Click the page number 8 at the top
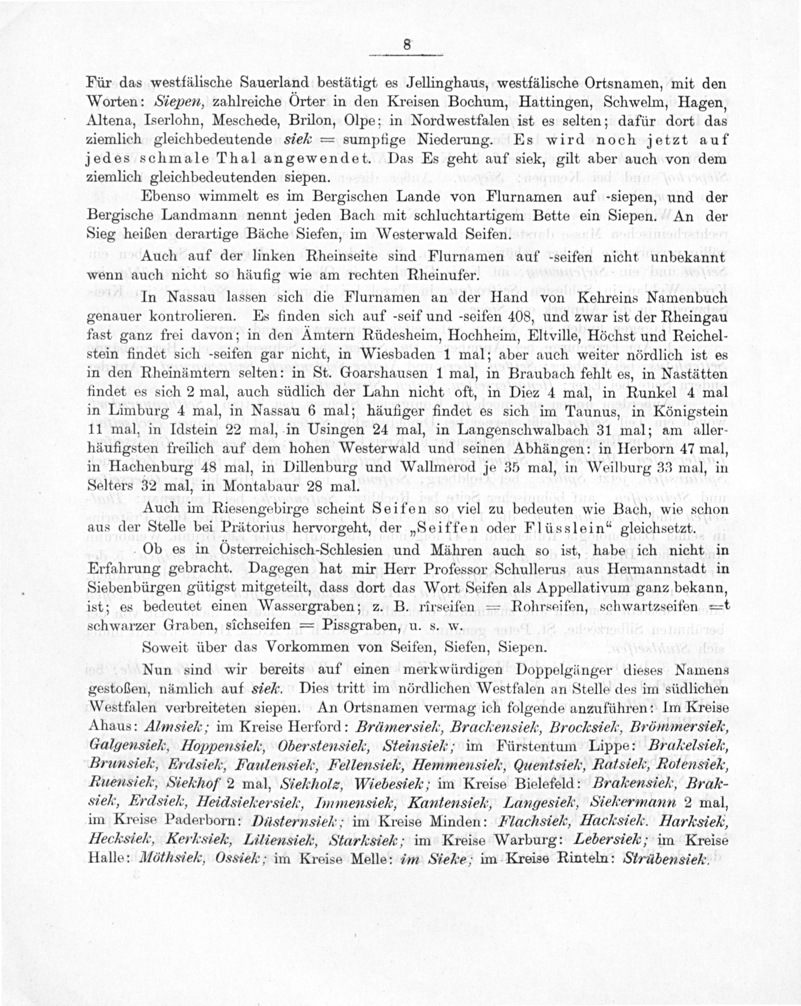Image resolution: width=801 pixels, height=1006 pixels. coord(407,45)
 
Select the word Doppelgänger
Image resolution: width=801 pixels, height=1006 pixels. coord(504,671)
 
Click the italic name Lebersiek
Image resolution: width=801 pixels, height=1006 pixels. coord(610,840)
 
